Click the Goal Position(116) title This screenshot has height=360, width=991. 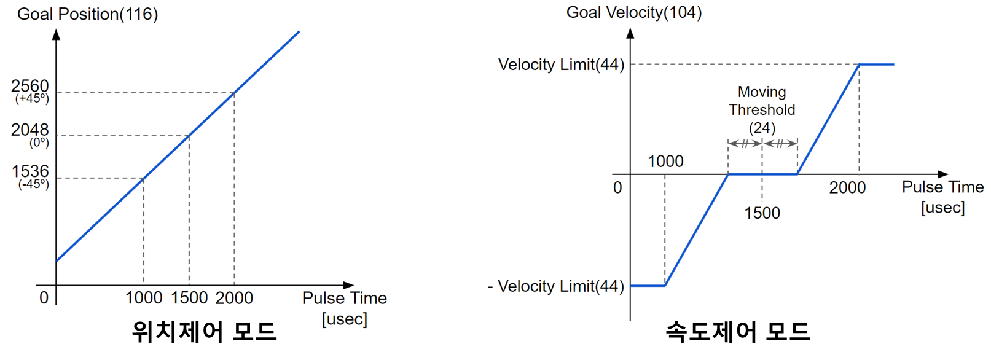pyautogui.click(x=88, y=14)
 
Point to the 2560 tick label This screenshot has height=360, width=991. pyautogui.click(x=30, y=86)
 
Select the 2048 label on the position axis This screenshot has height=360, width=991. pyautogui.click(x=30, y=130)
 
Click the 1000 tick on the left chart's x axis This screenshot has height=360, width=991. pyautogui.click(x=144, y=298)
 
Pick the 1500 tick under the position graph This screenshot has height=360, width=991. pyautogui.click(x=189, y=298)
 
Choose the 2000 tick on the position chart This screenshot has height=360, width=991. pyautogui.click(x=234, y=298)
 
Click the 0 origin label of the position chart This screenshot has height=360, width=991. pyautogui.click(x=44, y=298)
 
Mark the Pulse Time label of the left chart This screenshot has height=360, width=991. pyautogui.click(x=345, y=299)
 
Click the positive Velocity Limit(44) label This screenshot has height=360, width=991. pyautogui.click(x=561, y=65)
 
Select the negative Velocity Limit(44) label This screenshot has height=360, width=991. pyautogui.click(x=560, y=286)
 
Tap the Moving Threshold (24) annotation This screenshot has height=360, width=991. pyautogui.click(x=762, y=110)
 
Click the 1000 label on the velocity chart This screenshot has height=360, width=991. pyautogui.click(x=665, y=162)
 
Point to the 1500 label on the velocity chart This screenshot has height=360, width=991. pyautogui.click(x=762, y=213)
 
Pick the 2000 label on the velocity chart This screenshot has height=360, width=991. pyautogui.click(x=847, y=187)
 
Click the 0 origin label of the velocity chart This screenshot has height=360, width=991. pyautogui.click(x=617, y=187)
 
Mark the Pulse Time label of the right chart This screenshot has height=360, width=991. pyautogui.click(x=943, y=187)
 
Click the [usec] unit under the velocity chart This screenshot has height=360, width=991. pyautogui.click(x=943, y=208)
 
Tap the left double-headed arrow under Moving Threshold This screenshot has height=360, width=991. pyautogui.click(x=745, y=144)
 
